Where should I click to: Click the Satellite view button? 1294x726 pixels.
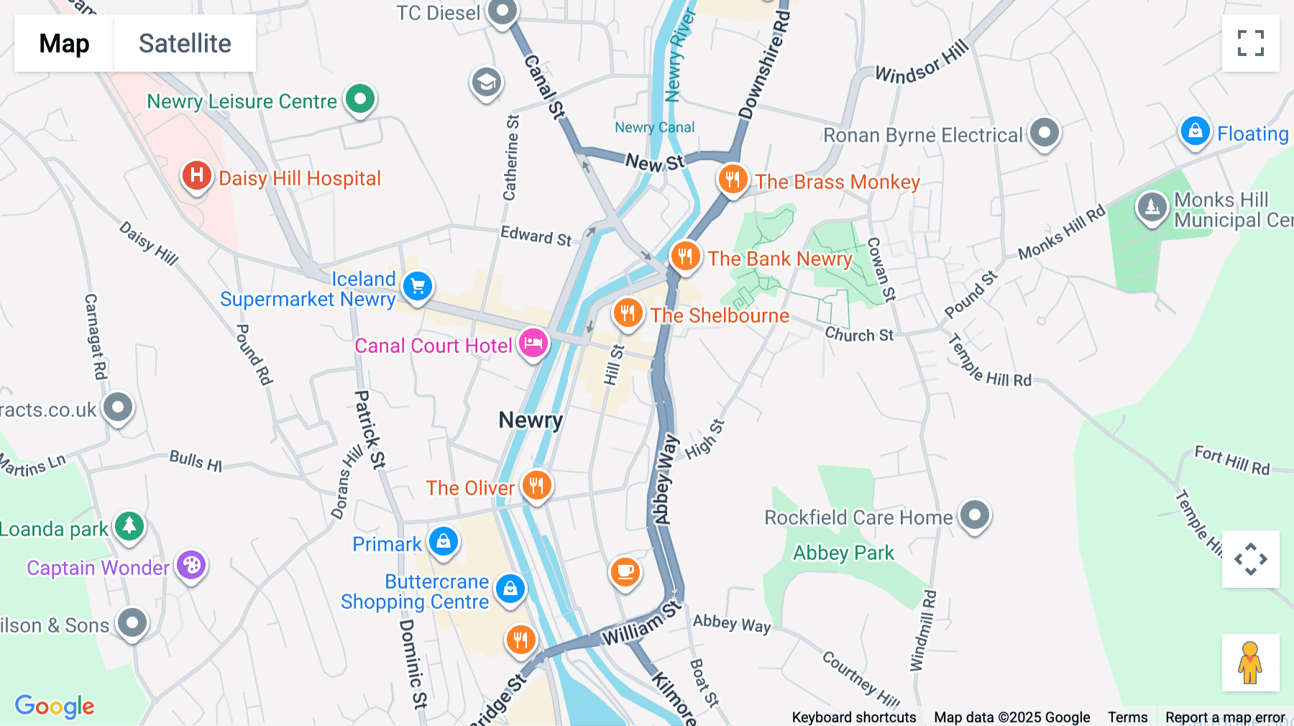185,43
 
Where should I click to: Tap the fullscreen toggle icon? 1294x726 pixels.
1250,43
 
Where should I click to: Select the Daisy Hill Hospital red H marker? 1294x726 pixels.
196,175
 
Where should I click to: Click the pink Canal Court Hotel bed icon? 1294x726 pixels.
533,344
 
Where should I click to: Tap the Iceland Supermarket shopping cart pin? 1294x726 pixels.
418,286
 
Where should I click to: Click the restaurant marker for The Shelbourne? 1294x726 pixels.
628,313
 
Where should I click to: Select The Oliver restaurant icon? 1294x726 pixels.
536,486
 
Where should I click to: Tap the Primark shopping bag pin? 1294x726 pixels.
444,541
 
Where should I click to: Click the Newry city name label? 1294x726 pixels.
531,420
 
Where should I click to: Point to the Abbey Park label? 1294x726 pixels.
843,553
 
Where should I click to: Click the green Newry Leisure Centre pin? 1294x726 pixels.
360,98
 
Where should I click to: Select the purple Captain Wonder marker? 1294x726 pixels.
191,566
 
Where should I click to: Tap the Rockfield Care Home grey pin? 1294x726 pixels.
975,515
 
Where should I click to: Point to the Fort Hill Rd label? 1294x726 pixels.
1231,461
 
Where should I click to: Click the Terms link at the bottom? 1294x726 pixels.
1127,717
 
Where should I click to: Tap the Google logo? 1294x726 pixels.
55,706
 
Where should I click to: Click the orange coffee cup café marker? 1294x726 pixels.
625,572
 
